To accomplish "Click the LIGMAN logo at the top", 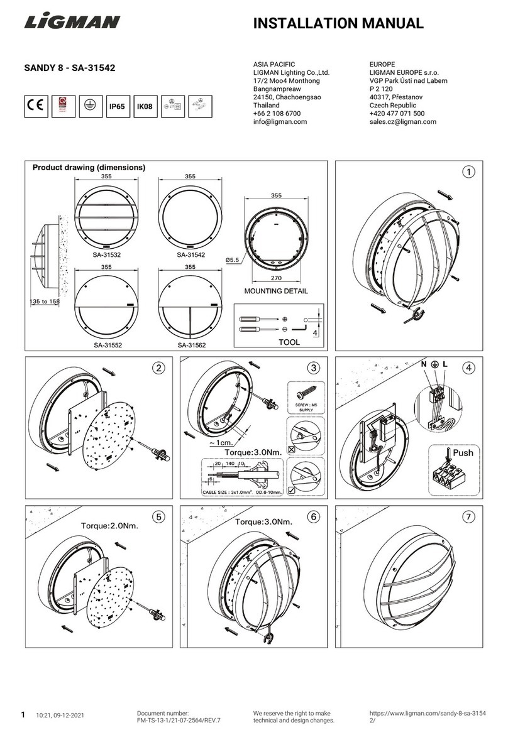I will pyautogui.click(x=72, y=23).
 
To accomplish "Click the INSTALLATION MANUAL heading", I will pyautogui.click(x=338, y=24).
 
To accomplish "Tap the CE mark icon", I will pyautogui.click(x=37, y=106).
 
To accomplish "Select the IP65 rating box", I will pyautogui.click(x=117, y=106).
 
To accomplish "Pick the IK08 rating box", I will pyautogui.click(x=145, y=106).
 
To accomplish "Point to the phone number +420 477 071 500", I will pyautogui.click(x=397, y=114).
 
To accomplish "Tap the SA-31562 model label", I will pyautogui.click(x=191, y=345).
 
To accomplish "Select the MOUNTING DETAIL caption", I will pyautogui.click(x=276, y=291).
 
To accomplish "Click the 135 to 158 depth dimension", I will pyautogui.click(x=45, y=301).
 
